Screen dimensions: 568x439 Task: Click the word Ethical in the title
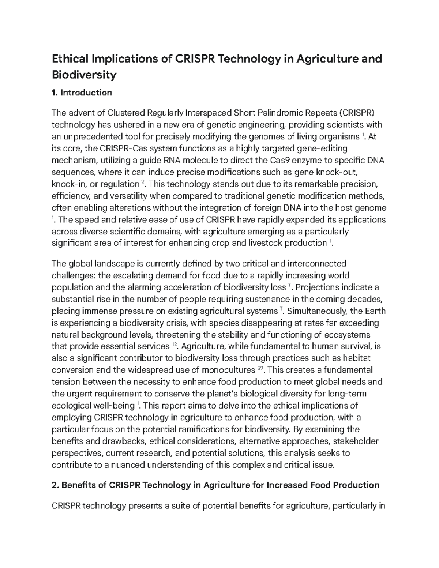click(70, 59)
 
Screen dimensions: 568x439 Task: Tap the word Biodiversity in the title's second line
click(84, 75)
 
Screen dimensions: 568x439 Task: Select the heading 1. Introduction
click(82, 93)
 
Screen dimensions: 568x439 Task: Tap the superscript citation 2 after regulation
click(143, 182)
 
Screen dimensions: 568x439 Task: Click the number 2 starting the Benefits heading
click(55, 485)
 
